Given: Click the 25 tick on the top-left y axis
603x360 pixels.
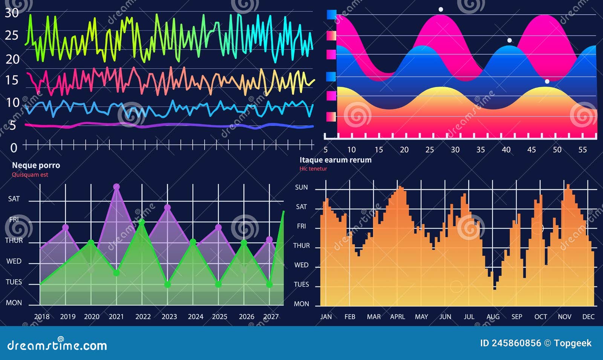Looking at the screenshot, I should [x=12, y=35].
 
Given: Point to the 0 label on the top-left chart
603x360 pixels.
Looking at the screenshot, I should [x=14, y=148].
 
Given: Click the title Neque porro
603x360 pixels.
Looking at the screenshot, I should [x=36, y=165].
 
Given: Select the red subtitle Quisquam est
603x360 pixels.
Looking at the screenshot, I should [x=30, y=175].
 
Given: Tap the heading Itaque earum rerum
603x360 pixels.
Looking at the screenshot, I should [x=335, y=160].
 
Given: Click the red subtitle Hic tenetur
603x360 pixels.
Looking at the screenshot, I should [x=313, y=169].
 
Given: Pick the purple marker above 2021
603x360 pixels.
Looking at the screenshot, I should [x=116, y=187].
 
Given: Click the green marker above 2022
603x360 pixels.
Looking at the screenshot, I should [x=142, y=222].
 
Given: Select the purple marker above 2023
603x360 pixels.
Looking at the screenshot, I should [x=167, y=207].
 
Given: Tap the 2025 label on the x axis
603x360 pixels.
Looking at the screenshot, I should [x=219, y=317].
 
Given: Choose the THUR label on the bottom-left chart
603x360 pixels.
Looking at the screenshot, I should [x=14, y=241].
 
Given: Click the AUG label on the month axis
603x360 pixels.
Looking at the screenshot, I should [x=493, y=317].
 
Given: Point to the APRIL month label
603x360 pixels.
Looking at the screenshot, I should [x=397, y=317].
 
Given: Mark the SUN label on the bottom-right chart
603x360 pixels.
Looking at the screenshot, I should [x=301, y=187].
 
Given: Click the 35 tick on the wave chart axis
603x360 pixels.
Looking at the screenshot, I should [x=481, y=150].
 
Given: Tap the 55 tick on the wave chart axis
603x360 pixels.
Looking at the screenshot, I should [x=582, y=150].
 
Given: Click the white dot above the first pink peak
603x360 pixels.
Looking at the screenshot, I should [x=441, y=9].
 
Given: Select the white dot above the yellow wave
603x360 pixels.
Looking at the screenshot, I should [x=547, y=81].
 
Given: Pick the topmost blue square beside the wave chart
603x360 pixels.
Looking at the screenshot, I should [x=331, y=15].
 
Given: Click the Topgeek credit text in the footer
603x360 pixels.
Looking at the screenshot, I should [x=572, y=343].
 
